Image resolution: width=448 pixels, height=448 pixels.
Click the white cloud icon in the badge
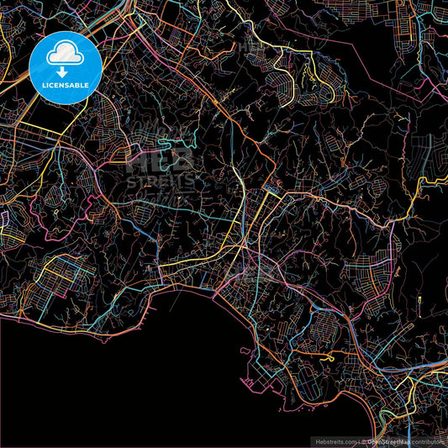tap(65, 55)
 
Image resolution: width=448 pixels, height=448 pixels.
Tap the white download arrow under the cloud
tap(65, 72)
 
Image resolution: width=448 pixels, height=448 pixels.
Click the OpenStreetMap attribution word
tap(387, 440)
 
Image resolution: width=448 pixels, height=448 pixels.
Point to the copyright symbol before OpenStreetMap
tap(366, 440)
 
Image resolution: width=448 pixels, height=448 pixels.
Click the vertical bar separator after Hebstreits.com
tap(361, 440)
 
